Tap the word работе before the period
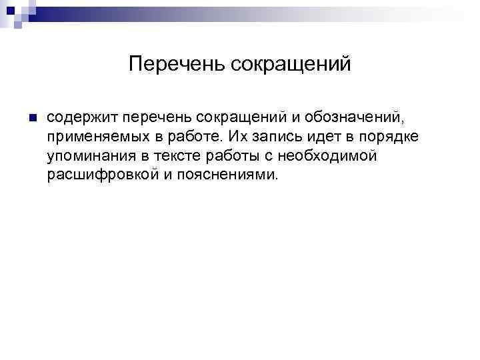coord(195,137)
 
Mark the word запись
coord(275,137)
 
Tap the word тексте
coord(175,156)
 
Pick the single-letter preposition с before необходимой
coord(270,156)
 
